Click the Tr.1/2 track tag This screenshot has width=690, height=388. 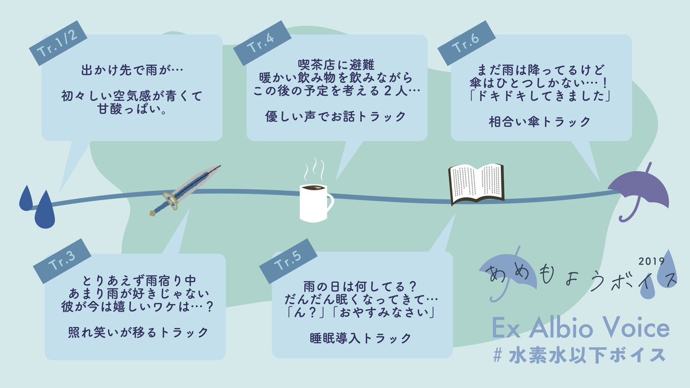coord(57,44)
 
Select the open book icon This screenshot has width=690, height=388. coord(476,183)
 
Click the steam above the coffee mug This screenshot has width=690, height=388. coord(315,168)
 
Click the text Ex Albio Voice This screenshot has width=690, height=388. coord(581,329)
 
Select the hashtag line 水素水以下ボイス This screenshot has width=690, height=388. coord(581,355)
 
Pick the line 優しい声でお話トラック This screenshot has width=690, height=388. coord(335,116)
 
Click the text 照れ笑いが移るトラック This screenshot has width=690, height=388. coord(135,332)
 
